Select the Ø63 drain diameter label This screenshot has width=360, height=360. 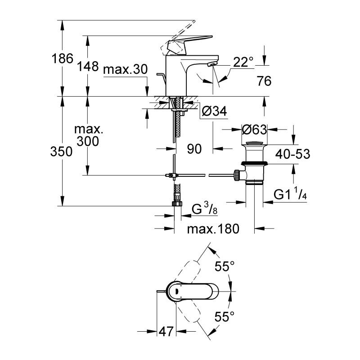(x=255, y=130)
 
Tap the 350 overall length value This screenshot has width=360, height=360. (x=62, y=152)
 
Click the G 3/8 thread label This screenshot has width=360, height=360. (x=202, y=210)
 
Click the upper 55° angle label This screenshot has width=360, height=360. (x=225, y=267)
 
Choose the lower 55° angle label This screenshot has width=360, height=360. (x=225, y=316)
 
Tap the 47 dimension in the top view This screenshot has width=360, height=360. (x=166, y=333)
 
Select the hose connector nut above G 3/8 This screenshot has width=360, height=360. (x=177, y=203)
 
